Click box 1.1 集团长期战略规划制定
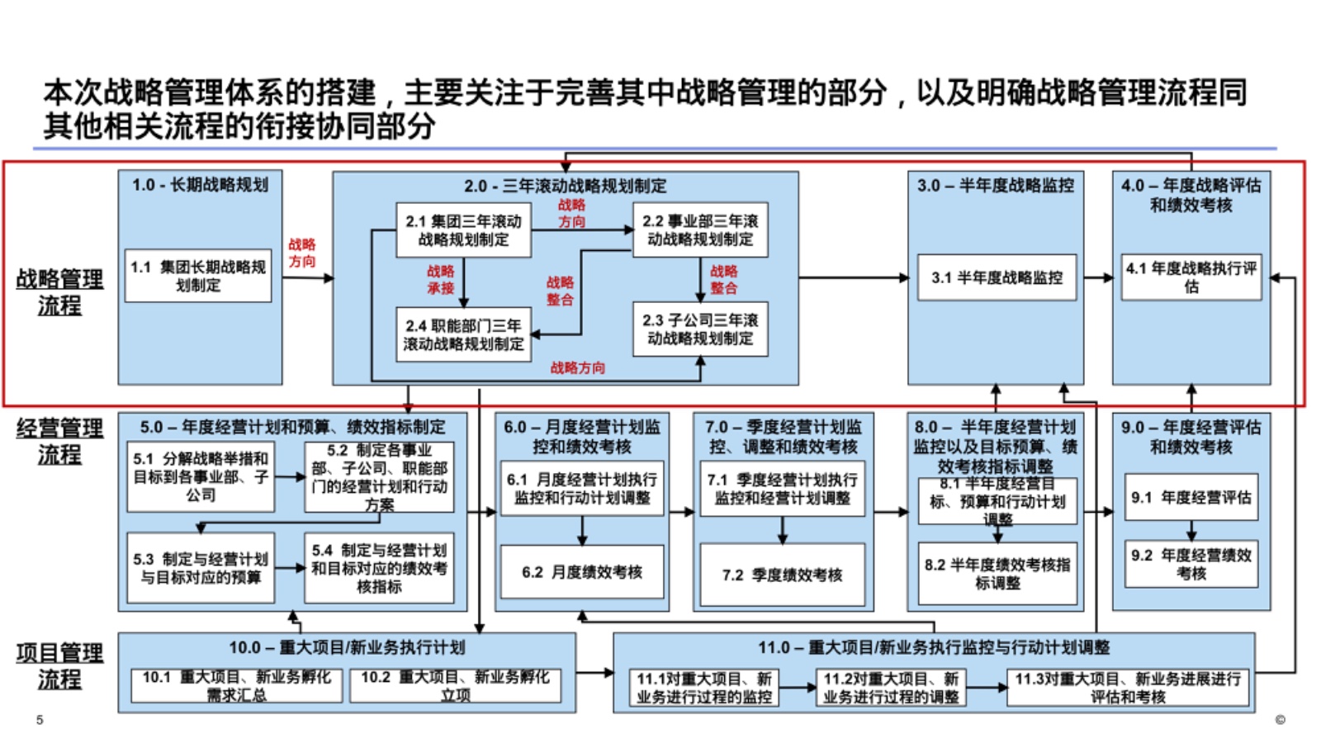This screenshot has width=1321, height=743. (198, 276)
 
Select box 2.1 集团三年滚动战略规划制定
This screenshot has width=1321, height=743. (463, 230)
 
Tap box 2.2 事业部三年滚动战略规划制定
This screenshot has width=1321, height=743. (700, 230)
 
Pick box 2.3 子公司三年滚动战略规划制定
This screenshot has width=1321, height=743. (700, 329)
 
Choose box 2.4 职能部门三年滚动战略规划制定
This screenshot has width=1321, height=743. (463, 334)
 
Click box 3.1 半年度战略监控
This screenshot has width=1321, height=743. (997, 277)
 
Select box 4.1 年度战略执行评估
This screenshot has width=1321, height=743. (1191, 277)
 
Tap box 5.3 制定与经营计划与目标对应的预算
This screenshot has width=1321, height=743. (201, 568)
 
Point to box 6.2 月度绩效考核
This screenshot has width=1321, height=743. (581, 572)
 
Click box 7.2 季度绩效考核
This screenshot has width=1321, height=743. (782, 575)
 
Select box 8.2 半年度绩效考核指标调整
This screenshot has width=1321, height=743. (997, 573)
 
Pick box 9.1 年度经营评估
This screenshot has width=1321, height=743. (1191, 497)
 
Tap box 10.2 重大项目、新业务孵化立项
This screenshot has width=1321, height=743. (455, 685)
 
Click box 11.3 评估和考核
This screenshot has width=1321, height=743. (1127, 687)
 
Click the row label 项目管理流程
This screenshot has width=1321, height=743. (59, 665)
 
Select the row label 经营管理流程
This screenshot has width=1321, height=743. (59, 441)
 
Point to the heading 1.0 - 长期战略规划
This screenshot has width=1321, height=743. (200, 185)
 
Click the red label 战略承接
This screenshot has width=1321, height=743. (440, 279)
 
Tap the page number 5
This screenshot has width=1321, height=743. (40, 720)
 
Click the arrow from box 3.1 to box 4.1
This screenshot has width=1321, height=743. (1097, 277)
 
